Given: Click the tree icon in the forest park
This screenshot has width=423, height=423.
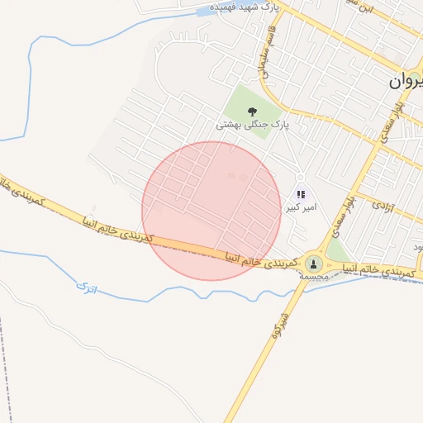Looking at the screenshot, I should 252,110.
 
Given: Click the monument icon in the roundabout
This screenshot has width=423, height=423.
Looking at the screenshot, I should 313,264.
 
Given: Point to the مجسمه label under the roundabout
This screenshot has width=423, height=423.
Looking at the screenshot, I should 315,278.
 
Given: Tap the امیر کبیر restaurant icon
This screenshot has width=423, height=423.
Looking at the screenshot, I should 300,195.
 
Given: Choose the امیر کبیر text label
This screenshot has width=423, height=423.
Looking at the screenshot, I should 301,208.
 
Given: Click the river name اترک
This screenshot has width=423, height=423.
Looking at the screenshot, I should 86,288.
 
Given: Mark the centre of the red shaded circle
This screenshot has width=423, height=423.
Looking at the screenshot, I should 211,211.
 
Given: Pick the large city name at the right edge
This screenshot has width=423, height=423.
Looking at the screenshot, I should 406,82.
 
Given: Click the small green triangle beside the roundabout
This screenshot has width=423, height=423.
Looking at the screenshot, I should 335,249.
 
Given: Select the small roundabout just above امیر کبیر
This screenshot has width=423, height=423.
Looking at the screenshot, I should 300,177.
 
